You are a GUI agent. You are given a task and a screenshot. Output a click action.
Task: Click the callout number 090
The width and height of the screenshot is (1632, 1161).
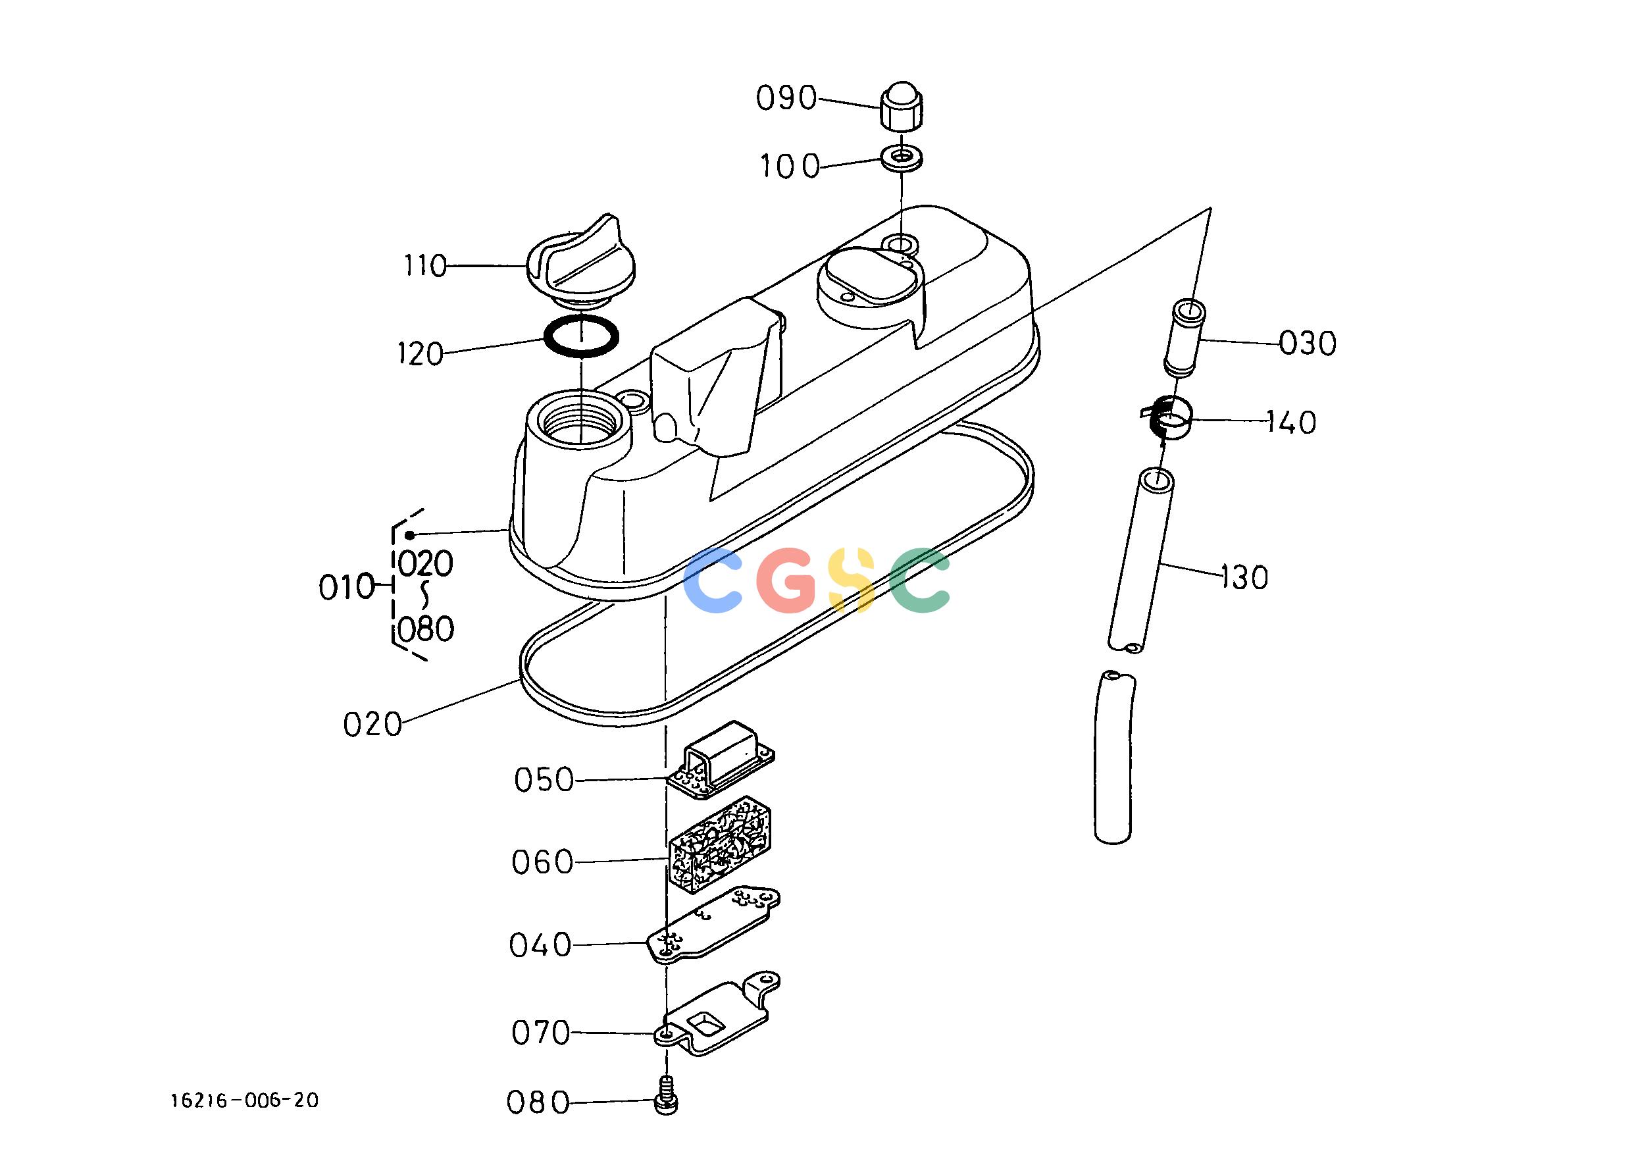(x=786, y=99)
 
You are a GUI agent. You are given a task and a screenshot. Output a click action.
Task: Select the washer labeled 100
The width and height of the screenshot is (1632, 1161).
(x=902, y=157)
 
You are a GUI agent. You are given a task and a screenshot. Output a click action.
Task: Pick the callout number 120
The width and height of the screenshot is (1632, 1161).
(x=421, y=354)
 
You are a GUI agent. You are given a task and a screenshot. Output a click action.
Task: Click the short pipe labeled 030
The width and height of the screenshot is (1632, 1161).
(x=1185, y=338)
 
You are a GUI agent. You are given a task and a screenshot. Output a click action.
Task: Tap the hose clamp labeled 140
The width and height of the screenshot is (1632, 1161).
(x=1167, y=418)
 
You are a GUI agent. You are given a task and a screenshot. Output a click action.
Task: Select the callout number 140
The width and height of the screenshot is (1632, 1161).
(x=1292, y=423)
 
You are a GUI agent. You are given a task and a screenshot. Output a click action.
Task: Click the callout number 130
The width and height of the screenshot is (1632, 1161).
(x=1244, y=577)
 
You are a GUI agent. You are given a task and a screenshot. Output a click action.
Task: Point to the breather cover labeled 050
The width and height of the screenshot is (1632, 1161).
(x=721, y=760)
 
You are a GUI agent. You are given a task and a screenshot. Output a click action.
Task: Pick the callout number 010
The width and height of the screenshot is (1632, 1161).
(x=347, y=588)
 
